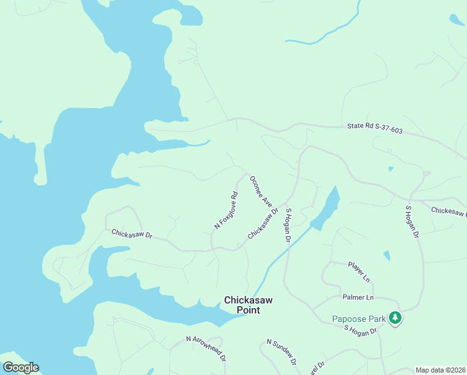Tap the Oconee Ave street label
pyautogui.click(x=261, y=191)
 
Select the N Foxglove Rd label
pyautogui.click(x=226, y=210)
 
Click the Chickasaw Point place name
pyautogui.click(x=248, y=305)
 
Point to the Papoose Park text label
pyautogui.click(x=358, y=319)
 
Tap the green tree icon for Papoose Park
pyautogui.click(x=395, y=318)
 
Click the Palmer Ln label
pyautogui.click(x=358, y=297)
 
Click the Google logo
pyautogui.click(x=21, y=367)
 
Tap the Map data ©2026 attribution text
pyautogui.click(x=440, y=370)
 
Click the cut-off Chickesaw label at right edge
pyautogui.click(x=448, y=213)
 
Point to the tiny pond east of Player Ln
pyautogui.click(x=387, y=255)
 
